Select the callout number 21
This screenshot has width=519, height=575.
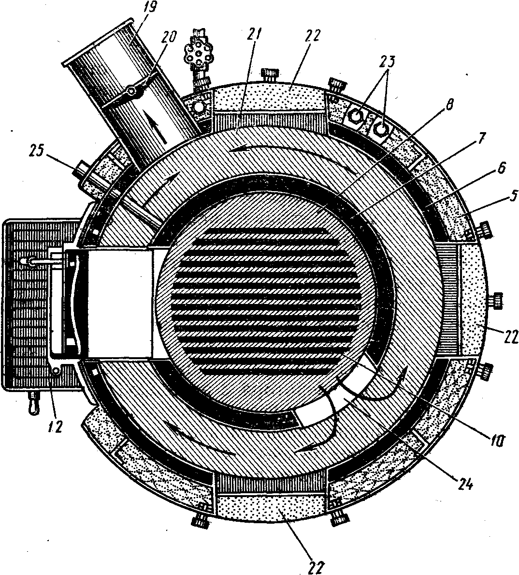click(x=254, y=34)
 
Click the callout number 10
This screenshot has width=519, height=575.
click(x=497, y=440)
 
